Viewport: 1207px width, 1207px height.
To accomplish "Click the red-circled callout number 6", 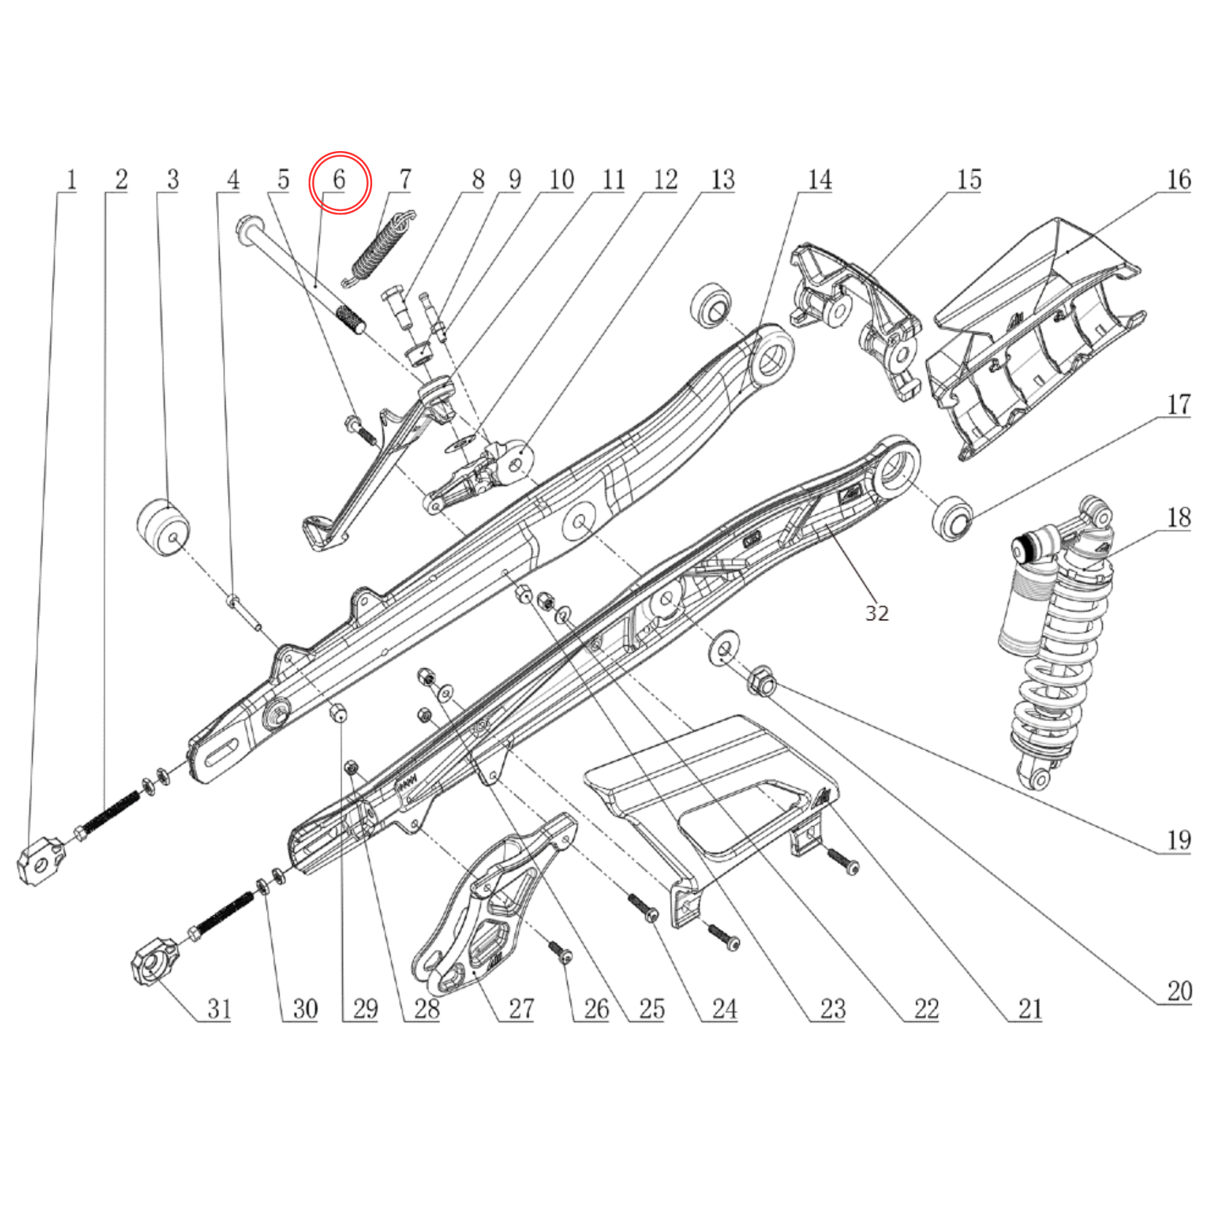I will pos(339,181).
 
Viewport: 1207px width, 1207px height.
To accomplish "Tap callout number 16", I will pos(1179,180).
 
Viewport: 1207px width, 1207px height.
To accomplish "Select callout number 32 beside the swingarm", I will pos(876,613).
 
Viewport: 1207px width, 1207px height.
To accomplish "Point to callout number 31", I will pos(219,1009).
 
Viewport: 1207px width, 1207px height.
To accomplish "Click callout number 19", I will pos(1179,840).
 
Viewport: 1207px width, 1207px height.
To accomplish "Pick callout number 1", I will pos(71,180).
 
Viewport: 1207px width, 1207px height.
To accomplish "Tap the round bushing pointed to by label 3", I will pos(163,527).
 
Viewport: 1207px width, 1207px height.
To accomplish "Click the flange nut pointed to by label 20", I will pos(761,682).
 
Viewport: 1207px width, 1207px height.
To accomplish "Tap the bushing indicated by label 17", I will pos(952,518).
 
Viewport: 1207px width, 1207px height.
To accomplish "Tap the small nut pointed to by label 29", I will pos(338,713).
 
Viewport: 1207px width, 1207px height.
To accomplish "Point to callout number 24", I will pos(724,1009).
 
